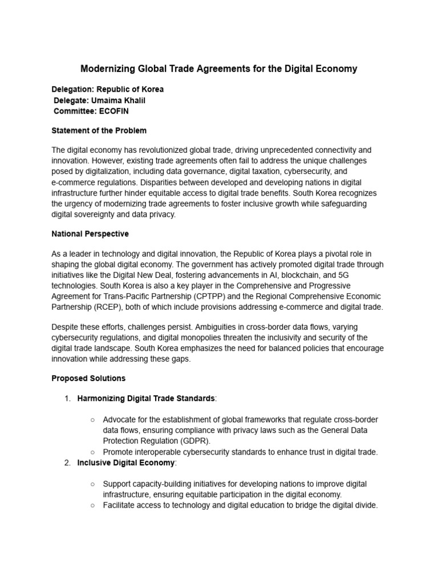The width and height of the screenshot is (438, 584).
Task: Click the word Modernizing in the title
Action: tap(107, 69)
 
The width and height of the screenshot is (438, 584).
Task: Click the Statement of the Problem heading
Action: tap(99, 131)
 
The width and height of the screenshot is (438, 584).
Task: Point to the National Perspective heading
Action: tap(90, 234)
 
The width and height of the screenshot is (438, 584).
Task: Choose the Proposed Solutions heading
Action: tap(88, 378)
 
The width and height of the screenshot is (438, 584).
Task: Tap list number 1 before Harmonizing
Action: tap(67, 398)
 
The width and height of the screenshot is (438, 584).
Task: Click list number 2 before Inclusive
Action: tap(67, 462)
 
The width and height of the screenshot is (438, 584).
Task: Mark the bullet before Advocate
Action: tap(93, 420)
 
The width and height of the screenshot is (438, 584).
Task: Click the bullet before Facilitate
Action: tap(93, 505)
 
